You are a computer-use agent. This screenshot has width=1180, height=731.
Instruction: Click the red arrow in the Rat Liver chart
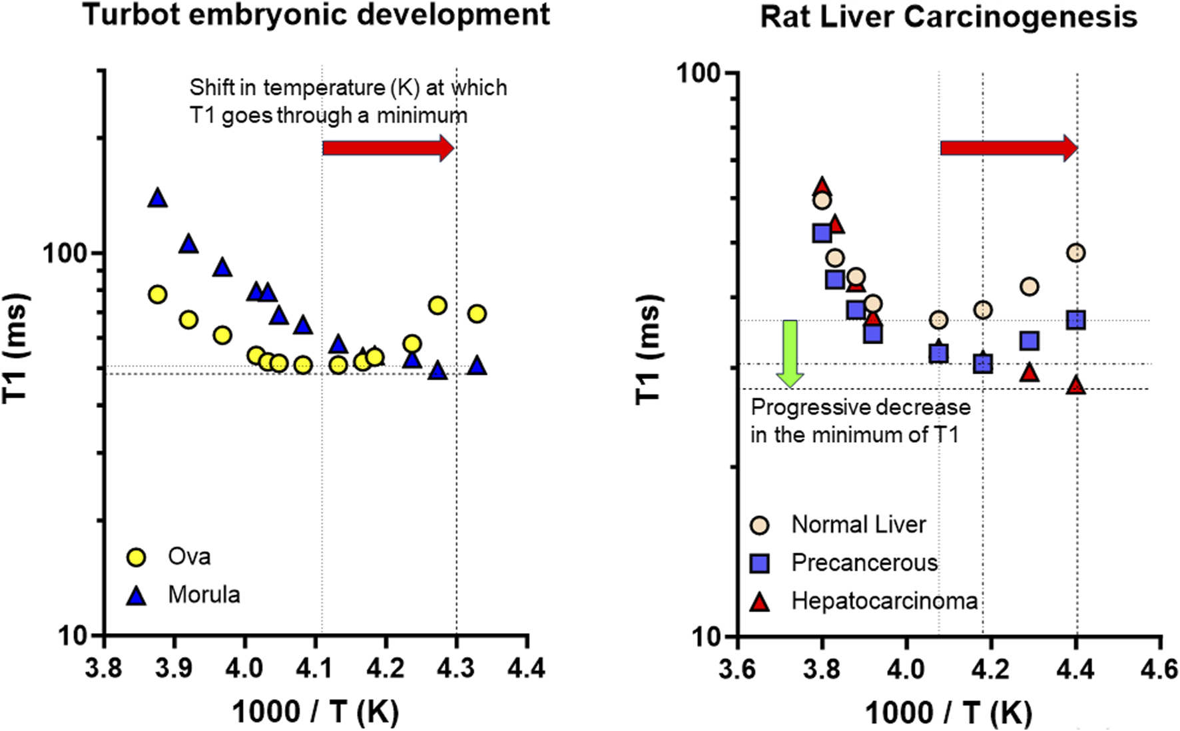pyautogui.click(x=1008, y=148)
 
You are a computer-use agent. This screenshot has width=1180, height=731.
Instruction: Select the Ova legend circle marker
pyautogui.click(x=137, y=557)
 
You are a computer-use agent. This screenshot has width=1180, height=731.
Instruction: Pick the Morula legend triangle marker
pyautogui.click(x=137, y=595)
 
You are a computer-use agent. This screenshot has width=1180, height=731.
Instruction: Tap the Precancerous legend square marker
pyautogui.click(x=759, y=563)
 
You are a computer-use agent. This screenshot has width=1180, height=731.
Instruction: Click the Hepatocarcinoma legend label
pyautogui.click(x=884, y=601)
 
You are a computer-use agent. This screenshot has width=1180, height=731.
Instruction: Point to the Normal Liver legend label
pyautogui.click(x=858, y=525)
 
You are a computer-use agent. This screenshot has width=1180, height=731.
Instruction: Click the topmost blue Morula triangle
pyautogui.click(x=158, y=198)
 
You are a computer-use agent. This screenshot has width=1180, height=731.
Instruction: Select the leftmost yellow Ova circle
pyautogui.click(x=158, y=294)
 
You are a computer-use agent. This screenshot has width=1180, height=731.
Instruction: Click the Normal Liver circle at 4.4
pyautogui.click(x=1075, y=253)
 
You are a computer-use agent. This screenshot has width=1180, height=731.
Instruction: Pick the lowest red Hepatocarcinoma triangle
pyautogui.click(x=1075, y=385)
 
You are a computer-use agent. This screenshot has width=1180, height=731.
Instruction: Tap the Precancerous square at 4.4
pyautogui.click(x=1075, y=320)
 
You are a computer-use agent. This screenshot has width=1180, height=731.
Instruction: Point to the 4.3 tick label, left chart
pyautogui.click(x=456, y=668)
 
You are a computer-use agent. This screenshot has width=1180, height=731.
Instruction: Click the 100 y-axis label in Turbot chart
pyautogui.click(x=65, y=253)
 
